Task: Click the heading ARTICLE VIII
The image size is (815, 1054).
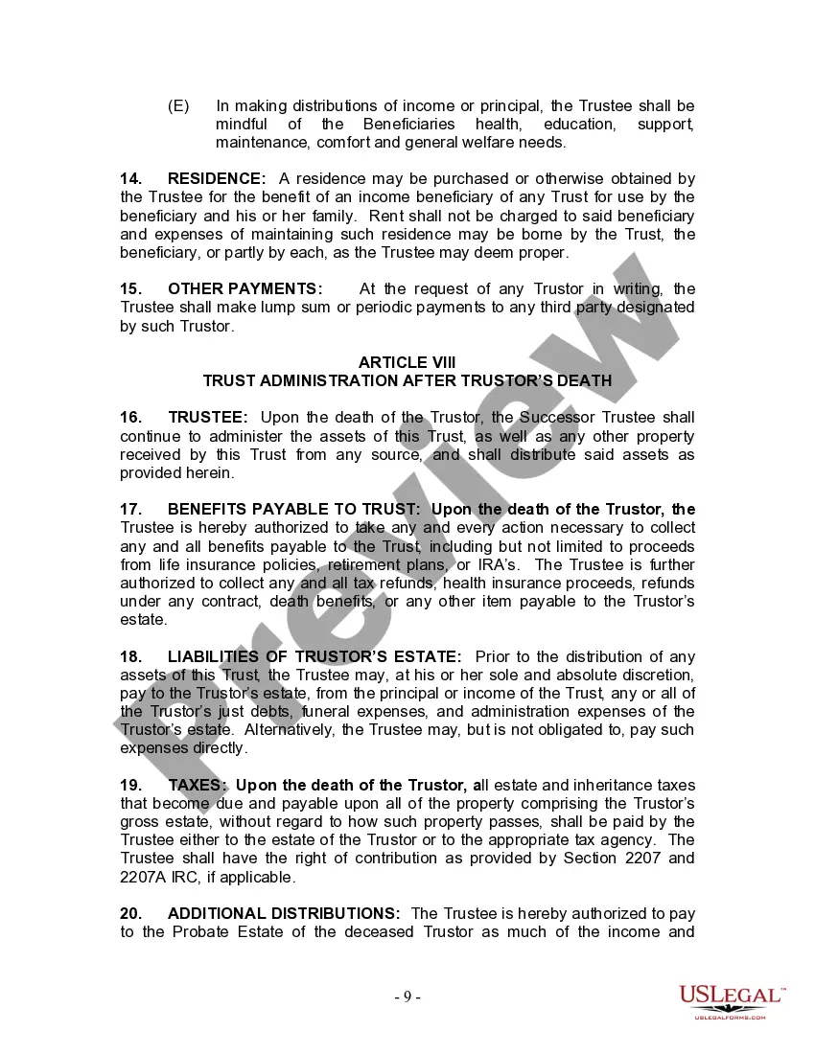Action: pyautogui.click(x=407, y=362)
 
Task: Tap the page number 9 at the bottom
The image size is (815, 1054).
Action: pyautogui.click(x=407, y=997)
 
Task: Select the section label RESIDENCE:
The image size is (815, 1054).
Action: pyautogui.click(x=217, y=178)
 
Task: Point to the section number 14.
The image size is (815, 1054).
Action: pyautogui.click(x=131, y=178)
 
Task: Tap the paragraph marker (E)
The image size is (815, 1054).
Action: pyautogui.click(x=178, y=105)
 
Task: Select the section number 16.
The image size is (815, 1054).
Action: pyautogui.click(x=131, y=417)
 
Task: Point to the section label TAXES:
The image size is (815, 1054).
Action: pyautogui.click(x=198, y=785)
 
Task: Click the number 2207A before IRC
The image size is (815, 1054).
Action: pyautogui.click(x=147, y=877)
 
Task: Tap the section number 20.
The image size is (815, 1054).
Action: pyautogui.click(x=131, y=913)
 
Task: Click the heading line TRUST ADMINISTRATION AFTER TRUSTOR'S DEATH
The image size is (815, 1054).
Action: pyautogui.click(x=407, y=380)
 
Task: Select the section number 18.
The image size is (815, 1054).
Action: pyautogui.click(x=131, y=656)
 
